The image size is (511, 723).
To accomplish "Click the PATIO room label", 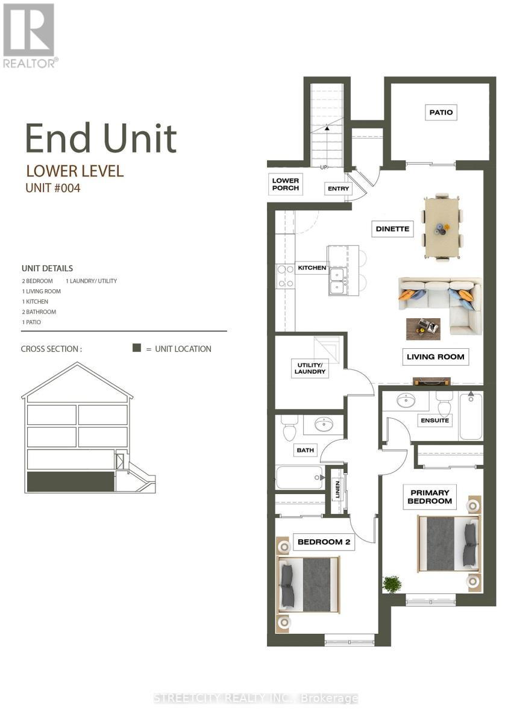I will point(440,112).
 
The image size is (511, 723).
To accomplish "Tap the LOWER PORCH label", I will point(286,184).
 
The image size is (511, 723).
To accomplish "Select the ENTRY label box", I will point(338,189).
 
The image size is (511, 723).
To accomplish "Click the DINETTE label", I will point(392,229).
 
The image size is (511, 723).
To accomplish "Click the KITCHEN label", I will point(312,268).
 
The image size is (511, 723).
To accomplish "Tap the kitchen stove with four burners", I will point(285,276).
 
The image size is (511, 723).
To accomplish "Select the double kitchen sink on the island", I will point(337,281).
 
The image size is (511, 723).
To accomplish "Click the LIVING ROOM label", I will point(435,357).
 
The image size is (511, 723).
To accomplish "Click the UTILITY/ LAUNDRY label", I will point(310,368).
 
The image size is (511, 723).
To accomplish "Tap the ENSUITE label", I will point(434,420).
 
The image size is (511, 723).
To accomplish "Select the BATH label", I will point(306,449).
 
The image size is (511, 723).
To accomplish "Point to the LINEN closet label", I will point(337,490).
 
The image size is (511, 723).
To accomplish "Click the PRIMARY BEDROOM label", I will point(429,496).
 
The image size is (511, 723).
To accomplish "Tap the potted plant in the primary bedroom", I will point(392,584).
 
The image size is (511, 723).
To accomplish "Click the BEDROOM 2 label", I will point(324,542).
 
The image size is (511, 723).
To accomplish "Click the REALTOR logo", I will point(30,35).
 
